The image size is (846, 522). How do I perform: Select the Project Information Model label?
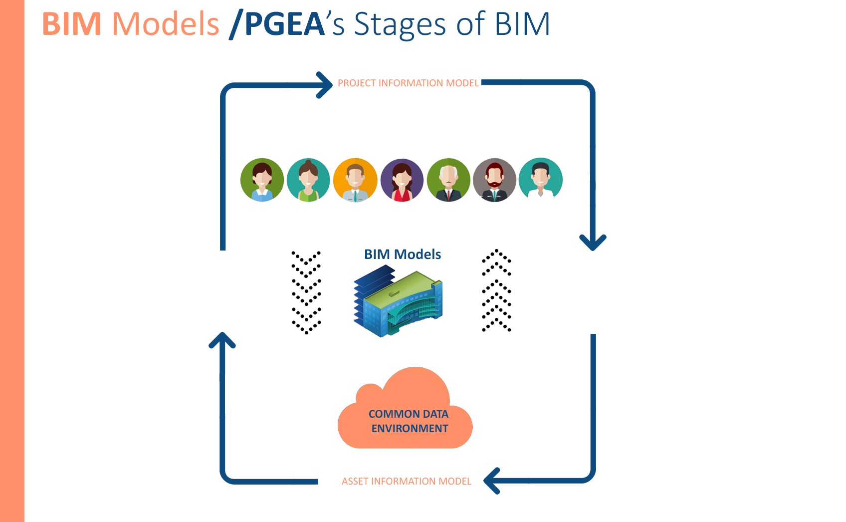pos(408,83)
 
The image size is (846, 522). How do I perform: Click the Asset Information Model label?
pos(407,481)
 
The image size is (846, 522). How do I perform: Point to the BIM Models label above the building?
pos(403,254)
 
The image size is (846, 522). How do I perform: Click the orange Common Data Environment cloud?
pos(405,408)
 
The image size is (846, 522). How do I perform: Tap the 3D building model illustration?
pos(398,300)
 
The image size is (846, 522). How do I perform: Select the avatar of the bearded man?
pos(494,180)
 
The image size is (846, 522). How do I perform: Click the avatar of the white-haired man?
pos(448,180)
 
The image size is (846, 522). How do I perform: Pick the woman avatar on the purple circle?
pos(402,180)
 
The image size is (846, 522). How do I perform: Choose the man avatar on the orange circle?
pos(355,180)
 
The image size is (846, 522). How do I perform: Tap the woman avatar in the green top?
pos(308,180)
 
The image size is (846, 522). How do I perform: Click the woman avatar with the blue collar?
pos(262,180)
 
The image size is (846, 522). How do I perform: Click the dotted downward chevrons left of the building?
pos(306,292)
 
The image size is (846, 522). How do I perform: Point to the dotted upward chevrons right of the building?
pos(497,290)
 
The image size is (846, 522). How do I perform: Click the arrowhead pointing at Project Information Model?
pos(324,85)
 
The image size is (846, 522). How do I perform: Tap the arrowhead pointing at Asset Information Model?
pos(492,481)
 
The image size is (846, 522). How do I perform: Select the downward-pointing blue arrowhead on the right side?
pos(593,243)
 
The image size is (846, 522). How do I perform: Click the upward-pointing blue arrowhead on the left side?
pos(222,340)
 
